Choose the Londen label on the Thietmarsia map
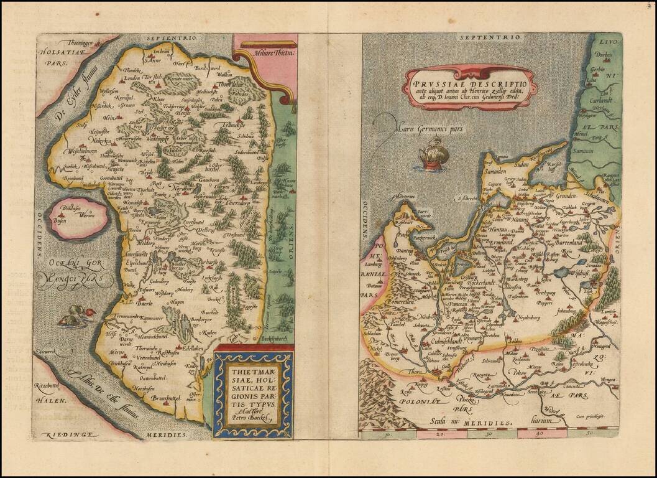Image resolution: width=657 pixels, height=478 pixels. tap(132, 78)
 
